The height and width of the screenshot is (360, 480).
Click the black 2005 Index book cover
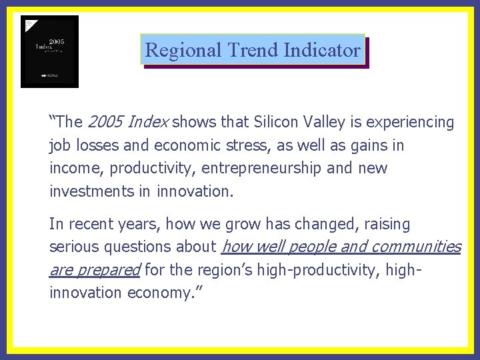49,51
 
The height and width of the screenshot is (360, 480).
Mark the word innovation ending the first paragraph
194,191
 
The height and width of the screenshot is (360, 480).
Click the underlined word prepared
109,270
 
